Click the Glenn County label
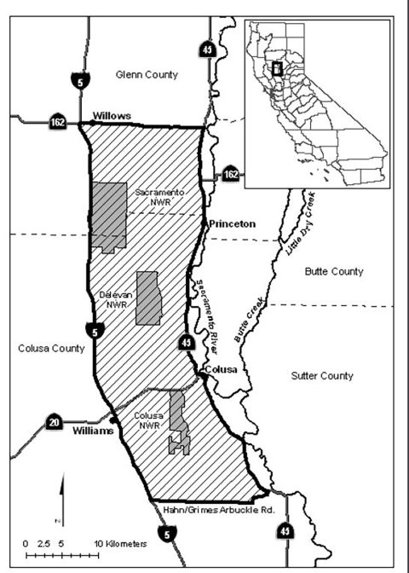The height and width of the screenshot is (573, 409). point(147,75)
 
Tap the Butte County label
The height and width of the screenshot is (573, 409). point(334,271)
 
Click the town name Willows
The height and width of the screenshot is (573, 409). point(109,113)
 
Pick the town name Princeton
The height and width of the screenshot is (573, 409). point(231,224)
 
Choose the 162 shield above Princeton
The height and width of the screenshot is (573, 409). point(230,173)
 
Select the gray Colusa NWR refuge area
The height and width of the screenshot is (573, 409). point(178,422)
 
